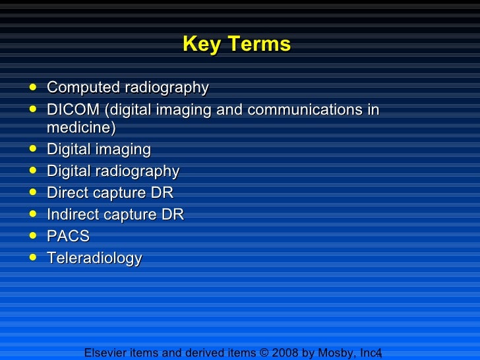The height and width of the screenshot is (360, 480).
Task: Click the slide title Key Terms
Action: point(236,44)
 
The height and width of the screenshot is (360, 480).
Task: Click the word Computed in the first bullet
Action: point(74,88)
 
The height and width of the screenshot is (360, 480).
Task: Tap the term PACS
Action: point(68,237)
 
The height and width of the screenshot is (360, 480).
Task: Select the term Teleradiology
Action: point(94,258)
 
